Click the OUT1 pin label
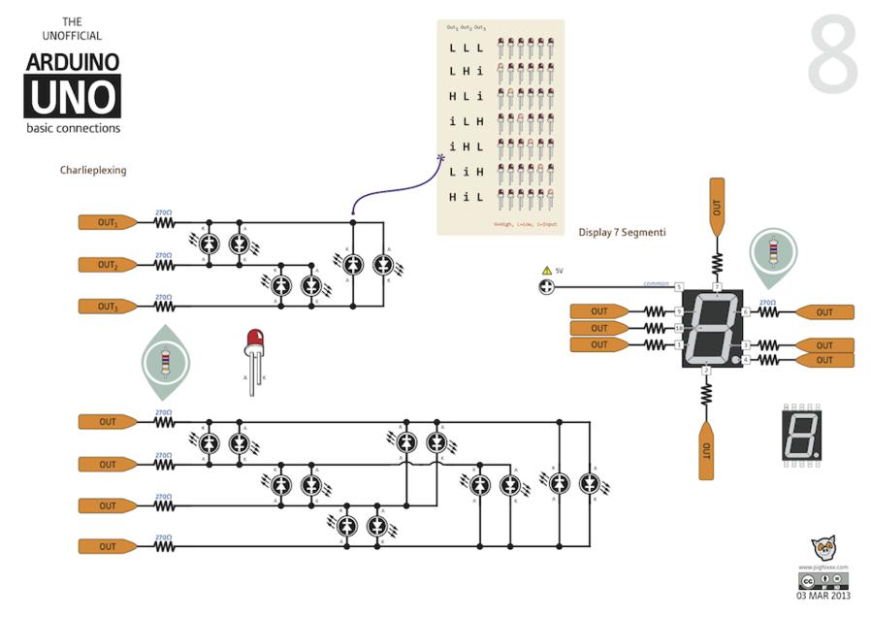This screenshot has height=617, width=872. (107, 222)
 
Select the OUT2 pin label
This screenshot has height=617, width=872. (107, 265)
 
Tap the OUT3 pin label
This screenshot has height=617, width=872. (107, 307)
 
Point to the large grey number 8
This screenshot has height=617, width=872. (833, 55)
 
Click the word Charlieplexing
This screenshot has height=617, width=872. (93, 170)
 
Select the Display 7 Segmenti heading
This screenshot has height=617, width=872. (622, 232)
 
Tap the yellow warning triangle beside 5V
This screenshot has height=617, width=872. (546, 271)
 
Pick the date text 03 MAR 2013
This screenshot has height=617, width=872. (824, 596)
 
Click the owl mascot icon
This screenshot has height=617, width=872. (824, 549)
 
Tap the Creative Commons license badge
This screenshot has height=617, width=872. (824, 581)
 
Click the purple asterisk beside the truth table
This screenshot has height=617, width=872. (441, 158)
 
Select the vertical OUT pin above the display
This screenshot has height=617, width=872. (717, 206)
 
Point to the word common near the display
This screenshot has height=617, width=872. (657, 284)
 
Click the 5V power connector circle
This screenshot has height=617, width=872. (546, 286)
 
